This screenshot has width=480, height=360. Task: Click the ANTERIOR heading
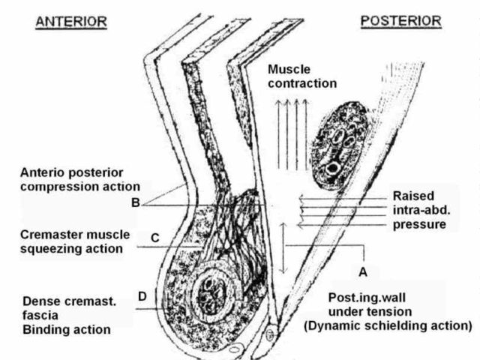[72, 22]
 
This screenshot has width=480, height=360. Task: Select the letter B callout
[135, 201]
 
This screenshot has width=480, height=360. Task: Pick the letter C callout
[154, 238]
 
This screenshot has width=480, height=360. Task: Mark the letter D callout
[142, 296]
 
